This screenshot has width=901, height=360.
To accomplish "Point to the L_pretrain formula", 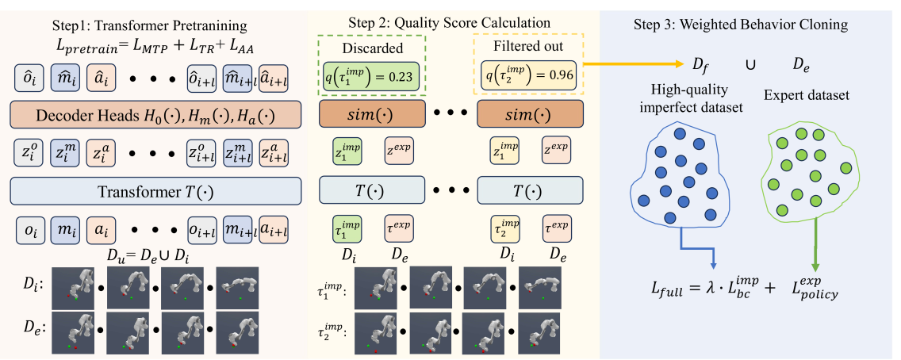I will point(154,49).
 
